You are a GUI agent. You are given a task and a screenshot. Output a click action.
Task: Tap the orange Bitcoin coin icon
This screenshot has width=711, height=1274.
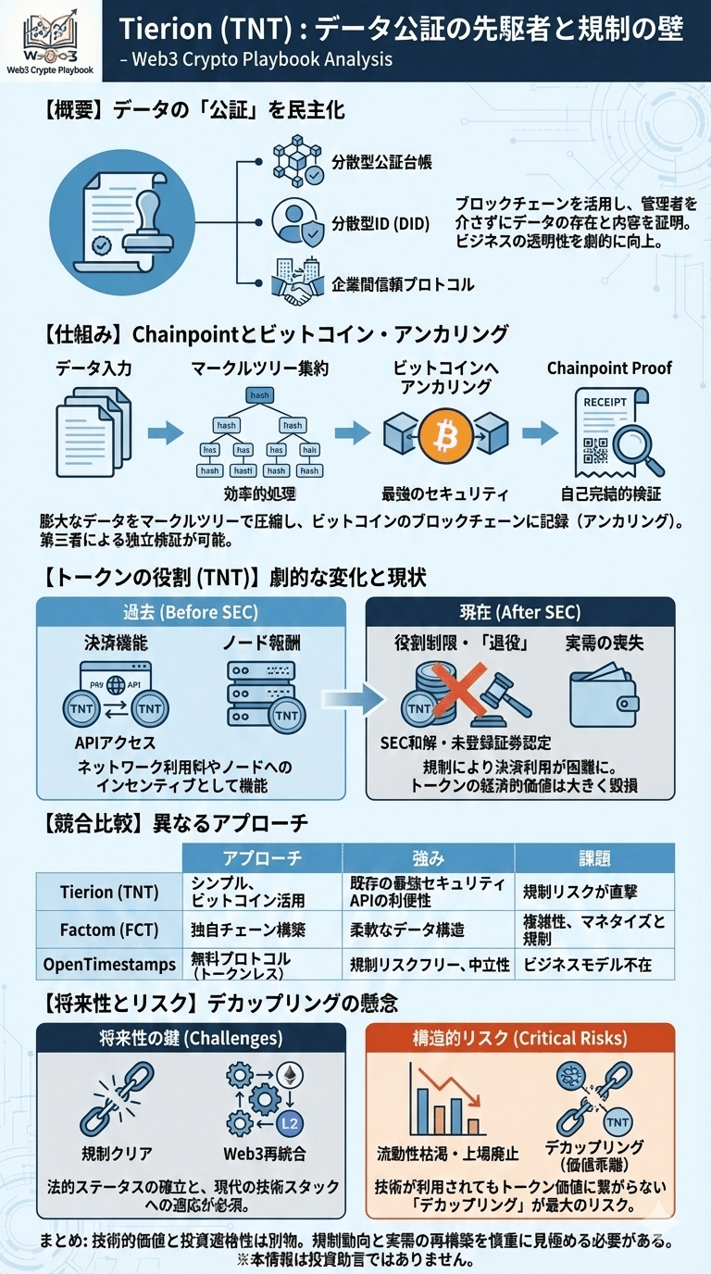[446, 433]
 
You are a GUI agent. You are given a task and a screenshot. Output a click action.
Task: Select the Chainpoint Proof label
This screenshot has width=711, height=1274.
[609, 368]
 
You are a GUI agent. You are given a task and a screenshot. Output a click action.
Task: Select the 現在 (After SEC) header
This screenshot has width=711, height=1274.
[520, 611]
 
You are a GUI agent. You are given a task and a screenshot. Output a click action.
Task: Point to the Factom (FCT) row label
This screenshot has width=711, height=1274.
[108, 929]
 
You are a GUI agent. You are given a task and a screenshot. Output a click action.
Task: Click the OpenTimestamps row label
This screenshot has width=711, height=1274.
[108, 964]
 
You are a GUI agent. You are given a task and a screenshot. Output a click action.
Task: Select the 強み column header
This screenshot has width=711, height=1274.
[428, 857]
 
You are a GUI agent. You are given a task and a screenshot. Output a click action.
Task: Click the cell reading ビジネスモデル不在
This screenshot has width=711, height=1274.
[588, 964]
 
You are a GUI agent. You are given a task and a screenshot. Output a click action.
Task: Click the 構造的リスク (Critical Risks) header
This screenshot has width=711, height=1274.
[519, 1038]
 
